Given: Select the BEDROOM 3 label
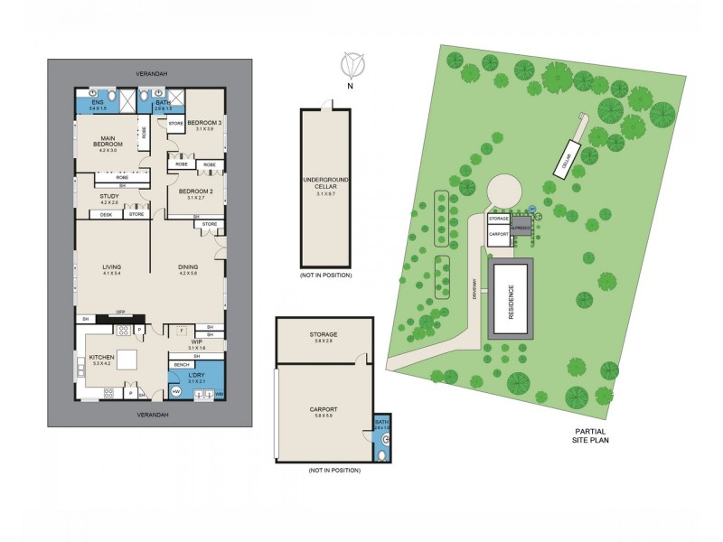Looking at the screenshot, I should (x=205, y=124).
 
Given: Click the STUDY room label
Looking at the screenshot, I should (x=108, y=200).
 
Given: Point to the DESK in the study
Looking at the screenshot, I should (x=106, y=214).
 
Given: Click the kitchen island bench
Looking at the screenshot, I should (x=125, y=359).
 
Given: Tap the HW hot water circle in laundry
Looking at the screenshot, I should (x=177, y=392).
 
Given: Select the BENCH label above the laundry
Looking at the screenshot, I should (x=180, y=366).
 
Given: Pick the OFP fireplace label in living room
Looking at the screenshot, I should (x=120, y=313).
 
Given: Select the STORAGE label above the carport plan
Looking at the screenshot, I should (x=323, y=337).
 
